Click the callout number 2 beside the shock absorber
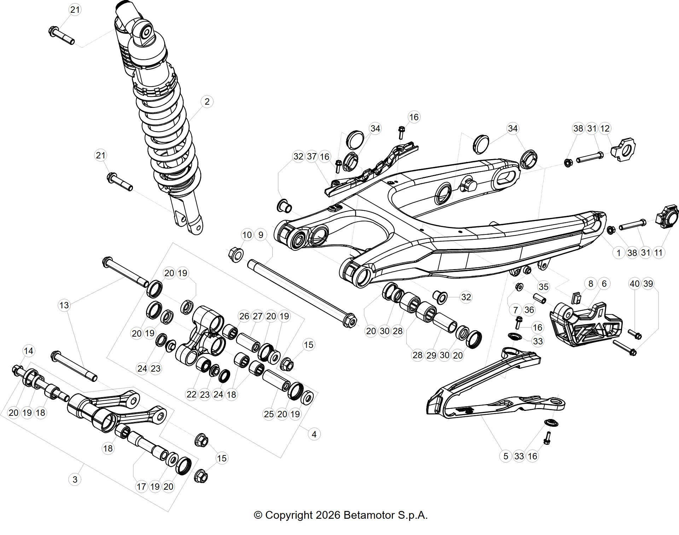coord(207,102)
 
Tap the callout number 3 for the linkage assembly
coord(75,479)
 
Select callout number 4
coord(314,434)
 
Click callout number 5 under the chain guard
coord(506,456)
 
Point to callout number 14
coord(28,351)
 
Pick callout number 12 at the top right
coord(605,128)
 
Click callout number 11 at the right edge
coord(658,252)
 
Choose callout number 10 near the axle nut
coord(247,235)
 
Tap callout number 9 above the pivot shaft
coord(261,235)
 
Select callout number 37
coord(312,156)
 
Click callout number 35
coord(544,286)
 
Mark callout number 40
coord(635,284)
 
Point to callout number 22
coord(191,394)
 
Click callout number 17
coord(141,487)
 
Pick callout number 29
coord(431,355)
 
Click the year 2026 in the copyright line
coord(328,515)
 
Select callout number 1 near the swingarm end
coord(619,252)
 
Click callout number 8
coord(590,284)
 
